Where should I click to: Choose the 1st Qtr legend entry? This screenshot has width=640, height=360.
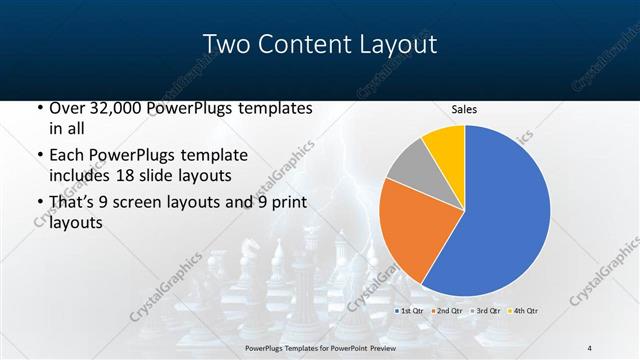[x=410, y=311]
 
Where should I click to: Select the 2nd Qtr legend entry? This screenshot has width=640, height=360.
[x=447, y=311]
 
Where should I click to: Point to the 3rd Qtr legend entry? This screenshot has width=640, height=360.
[x=486, y=311]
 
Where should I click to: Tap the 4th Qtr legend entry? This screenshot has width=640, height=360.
[x=524, y=311]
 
